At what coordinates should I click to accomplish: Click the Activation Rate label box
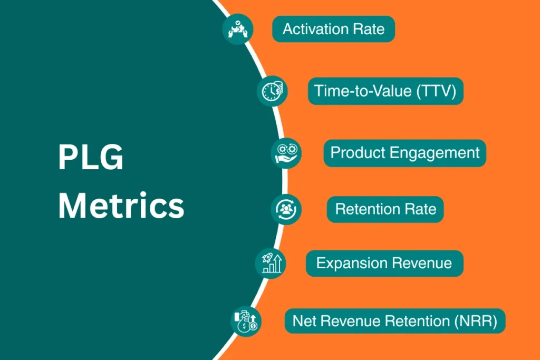pos(333,29)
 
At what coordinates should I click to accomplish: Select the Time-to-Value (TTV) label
pos(385,91)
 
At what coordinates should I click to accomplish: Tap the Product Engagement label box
pos(404,153)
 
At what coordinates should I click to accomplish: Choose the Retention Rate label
pos(385,209)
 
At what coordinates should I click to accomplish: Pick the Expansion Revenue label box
pos(384,263)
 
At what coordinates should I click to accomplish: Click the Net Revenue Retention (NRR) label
pos(395,320)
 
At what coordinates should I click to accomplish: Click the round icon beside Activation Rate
pos(237,29)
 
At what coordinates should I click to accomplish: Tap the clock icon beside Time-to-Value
pos(273,91)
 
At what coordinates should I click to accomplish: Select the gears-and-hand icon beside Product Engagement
pos(286,153)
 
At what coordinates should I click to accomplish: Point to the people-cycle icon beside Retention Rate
pos(286,209)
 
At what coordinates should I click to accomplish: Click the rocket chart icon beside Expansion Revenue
pos(271,263)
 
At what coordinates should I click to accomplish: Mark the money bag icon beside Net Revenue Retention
pos(246,320)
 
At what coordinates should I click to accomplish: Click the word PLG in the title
pos(90,158)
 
